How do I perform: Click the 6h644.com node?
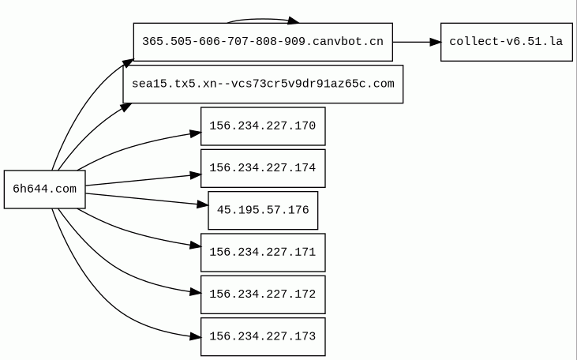(x=44, y=189)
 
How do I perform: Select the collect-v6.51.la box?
(x=506, y=42)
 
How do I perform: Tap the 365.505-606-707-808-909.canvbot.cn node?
(x=263, y=42)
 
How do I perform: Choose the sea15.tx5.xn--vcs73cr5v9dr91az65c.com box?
(x=263, y=84)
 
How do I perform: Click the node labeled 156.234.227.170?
(x=263, y=126)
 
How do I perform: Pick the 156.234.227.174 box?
(x=263, y=168)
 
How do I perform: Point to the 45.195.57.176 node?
(x=263, y=210)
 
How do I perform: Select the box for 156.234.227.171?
(x=263, y=253)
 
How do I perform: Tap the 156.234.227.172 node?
(x=263, y=294)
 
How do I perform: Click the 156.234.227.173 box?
(x=263, y=336)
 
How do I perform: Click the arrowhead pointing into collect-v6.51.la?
(x=435, y=42)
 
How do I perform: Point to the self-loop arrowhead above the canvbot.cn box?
(x=294, y=21)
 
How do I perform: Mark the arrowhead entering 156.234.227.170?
(x=196, y=133)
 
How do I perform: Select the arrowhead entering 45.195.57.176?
(x=203, y=204)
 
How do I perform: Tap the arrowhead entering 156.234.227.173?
(x=196, y=336)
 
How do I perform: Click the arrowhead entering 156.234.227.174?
(x=196, y=175)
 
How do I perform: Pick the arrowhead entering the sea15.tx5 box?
(x=126, y=107)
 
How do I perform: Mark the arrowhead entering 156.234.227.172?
(x=196, y=293)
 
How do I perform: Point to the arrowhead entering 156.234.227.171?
(x=196, y=246)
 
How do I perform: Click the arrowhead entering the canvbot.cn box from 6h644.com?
(x=128, y=63)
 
